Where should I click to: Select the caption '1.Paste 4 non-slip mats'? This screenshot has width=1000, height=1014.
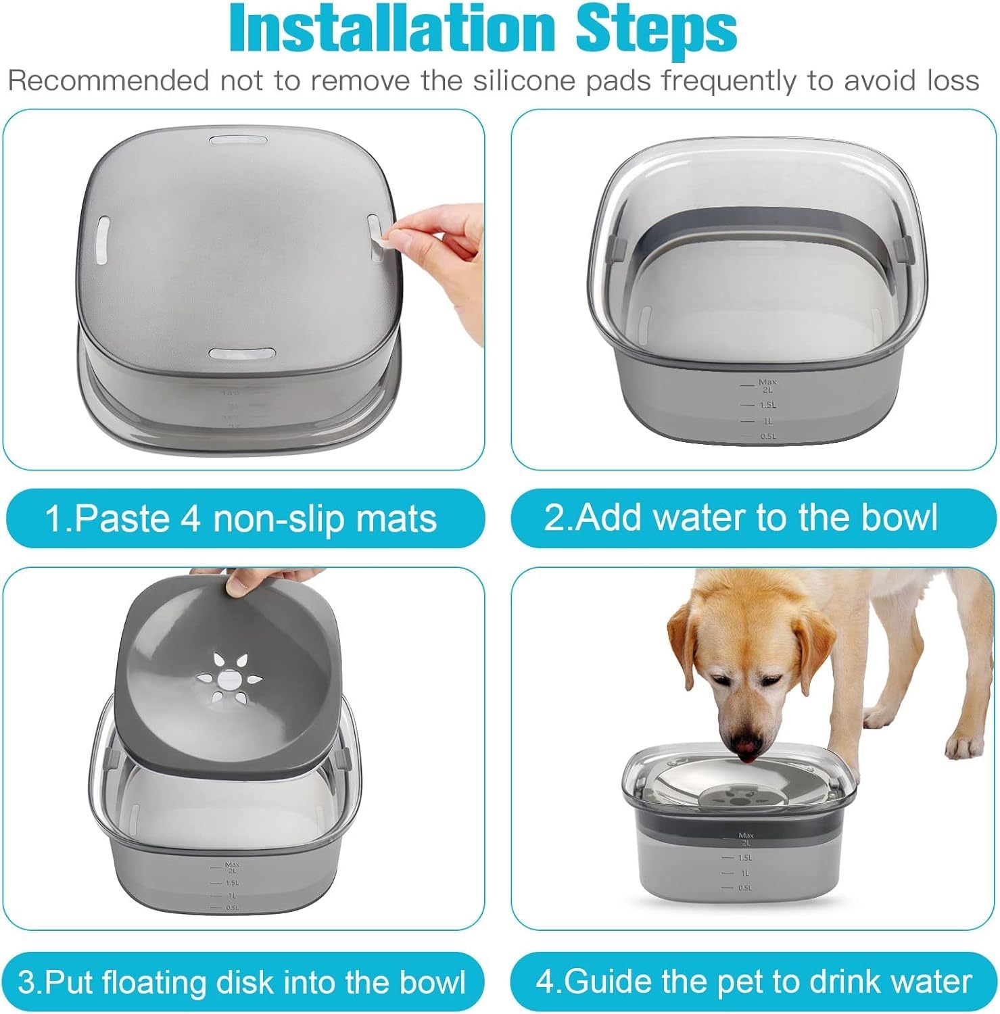click(241, 518)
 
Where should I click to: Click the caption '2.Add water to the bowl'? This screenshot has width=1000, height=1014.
click(741, 517)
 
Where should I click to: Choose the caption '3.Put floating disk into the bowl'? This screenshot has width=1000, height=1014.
click(241, 982)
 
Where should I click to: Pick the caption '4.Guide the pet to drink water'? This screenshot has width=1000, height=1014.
click(753, 981)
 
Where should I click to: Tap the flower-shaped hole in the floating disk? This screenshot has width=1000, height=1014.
click(229, 676)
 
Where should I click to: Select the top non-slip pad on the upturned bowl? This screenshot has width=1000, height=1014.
click(238, 141)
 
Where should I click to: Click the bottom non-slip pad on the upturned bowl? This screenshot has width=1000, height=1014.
click(241, 354)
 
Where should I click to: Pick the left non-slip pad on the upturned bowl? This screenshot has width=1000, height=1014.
click(103, 239)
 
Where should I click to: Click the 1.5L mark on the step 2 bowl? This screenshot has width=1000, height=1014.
click(767, 405)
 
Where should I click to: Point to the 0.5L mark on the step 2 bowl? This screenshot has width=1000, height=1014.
click(767, 436)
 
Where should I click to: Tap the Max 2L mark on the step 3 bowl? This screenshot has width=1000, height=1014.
click(232, 867)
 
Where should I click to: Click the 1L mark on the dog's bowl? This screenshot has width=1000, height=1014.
click(744, 873)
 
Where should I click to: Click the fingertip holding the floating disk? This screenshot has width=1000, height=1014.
click(237, 585)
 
